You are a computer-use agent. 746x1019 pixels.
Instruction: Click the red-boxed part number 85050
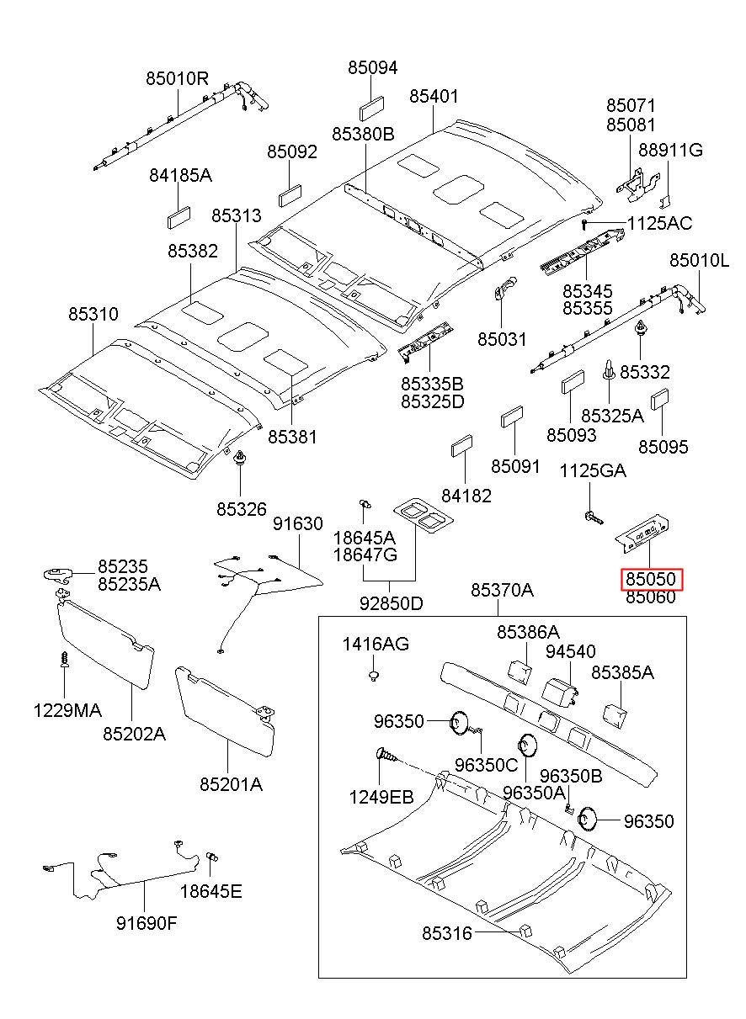pos(650,579)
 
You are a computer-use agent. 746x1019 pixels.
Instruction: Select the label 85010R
pos(177,79)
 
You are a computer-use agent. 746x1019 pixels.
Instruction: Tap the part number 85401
pos(434,96)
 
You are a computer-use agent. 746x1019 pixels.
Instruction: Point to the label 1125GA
pos(593,471)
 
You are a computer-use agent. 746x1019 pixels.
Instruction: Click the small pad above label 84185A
pos(179,217)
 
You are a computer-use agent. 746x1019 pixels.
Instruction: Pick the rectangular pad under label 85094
pos(371,109)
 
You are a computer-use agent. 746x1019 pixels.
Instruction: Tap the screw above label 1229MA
pos(65,658)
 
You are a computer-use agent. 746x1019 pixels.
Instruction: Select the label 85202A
pos(134,733)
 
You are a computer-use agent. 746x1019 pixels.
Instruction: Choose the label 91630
pos(298,523)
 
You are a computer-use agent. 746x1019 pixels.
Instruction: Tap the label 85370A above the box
pos(502,590)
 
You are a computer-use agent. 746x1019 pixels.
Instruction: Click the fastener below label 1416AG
pos(374,675)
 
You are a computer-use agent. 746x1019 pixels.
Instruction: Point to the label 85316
pos(447,933)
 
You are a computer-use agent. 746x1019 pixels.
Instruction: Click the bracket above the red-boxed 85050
pos(642,533)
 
